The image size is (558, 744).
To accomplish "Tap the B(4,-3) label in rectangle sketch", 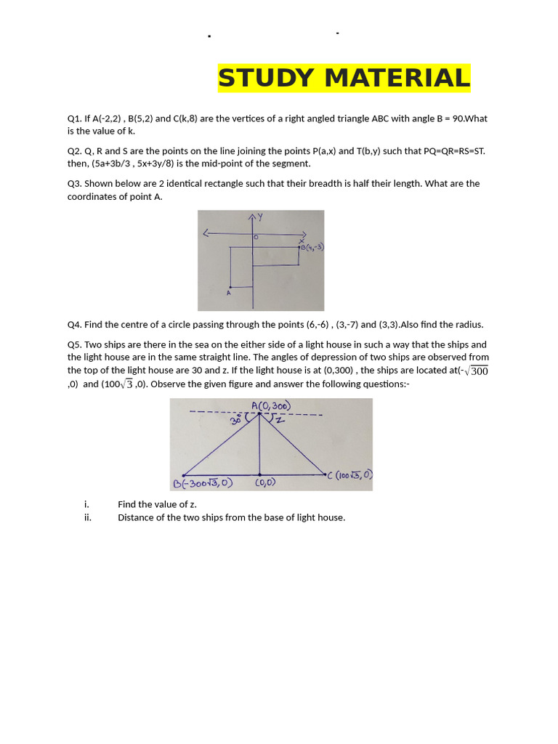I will click(x=312, y=247).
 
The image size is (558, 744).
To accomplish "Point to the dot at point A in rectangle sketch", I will click(x=230, y=286).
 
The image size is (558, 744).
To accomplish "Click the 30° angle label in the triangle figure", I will click(x=236, y=420).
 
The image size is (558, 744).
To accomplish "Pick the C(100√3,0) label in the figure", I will click(x=351, y=475).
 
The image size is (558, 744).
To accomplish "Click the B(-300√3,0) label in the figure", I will click(x=203, y=483).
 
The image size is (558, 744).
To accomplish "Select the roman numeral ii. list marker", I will click(x=88, y=518).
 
